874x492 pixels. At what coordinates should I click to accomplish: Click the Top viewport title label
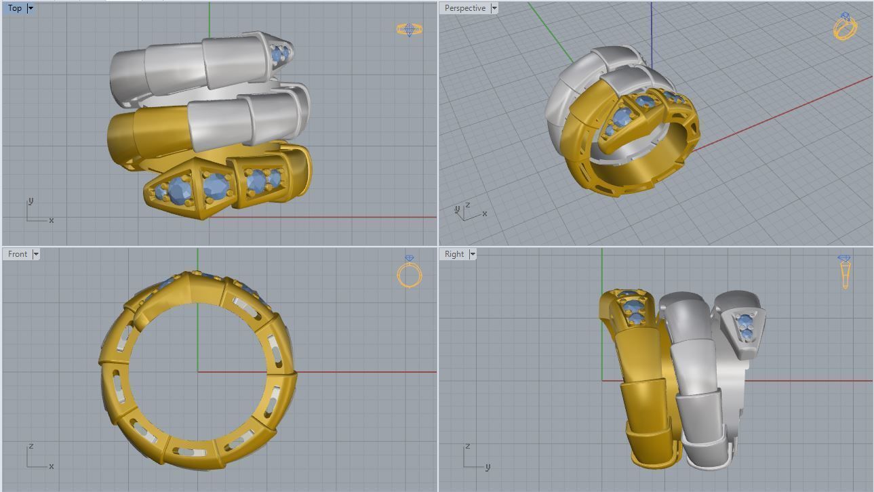point(14,8)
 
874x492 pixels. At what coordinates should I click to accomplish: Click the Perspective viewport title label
point(464,8)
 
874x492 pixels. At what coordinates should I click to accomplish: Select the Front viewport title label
point(18,254)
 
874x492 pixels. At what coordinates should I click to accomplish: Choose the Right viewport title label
point(454,254)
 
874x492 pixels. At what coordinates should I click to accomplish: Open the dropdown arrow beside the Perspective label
point(494,8)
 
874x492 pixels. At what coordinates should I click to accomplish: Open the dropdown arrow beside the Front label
point(36,254)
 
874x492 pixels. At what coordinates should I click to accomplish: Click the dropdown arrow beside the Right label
point(473,254)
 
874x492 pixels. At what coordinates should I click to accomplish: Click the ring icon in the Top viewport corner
point(409,29)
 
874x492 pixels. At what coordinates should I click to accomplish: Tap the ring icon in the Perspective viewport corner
point(845,26)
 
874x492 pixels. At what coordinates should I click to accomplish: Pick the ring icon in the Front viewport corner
point(409,272)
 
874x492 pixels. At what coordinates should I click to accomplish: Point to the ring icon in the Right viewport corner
point(844,271)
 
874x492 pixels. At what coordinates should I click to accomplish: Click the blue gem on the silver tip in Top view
point(279,54)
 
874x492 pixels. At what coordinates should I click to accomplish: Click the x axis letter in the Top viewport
point(52,220)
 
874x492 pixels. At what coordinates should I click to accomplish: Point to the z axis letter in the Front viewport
point(31,447)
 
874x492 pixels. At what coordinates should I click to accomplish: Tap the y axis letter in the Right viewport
point(488,466)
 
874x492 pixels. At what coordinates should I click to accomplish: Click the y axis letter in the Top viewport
point(31,201)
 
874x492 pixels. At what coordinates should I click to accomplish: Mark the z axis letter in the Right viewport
point(467,447)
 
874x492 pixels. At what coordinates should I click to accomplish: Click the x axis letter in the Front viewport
point(52,466)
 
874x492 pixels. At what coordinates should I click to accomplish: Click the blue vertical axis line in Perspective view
point(652,34)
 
